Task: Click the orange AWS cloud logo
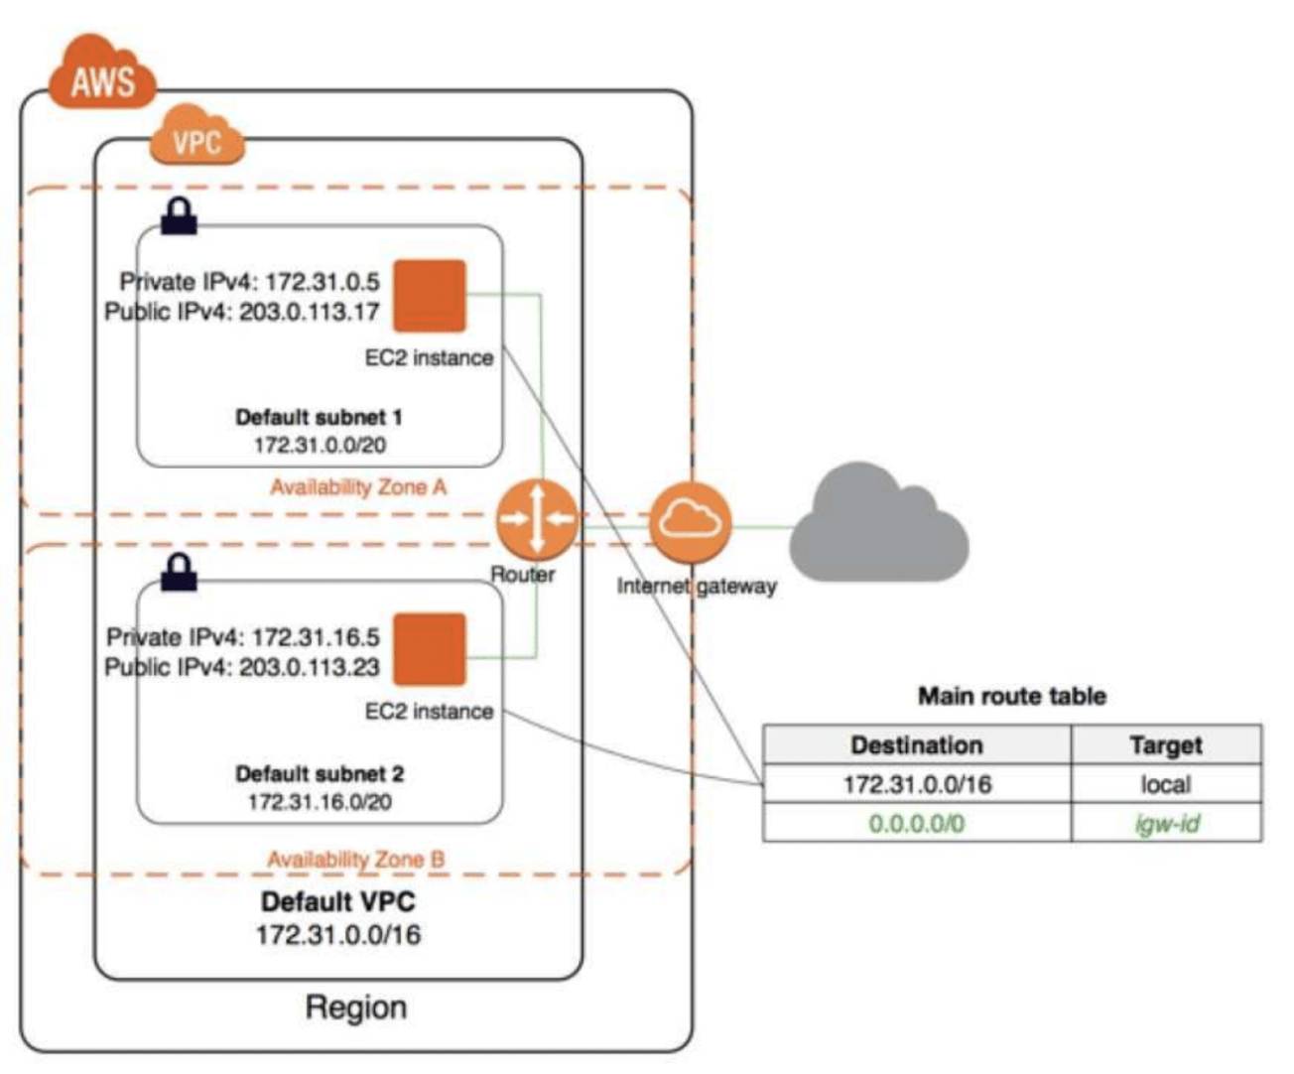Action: (x=102, y=71)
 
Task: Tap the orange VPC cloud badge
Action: (x=197, y=135)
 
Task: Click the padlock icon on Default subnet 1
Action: (x=179, y=216)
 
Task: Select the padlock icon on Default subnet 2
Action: (x=179, y=572)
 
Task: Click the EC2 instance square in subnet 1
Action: (x=430, y=296)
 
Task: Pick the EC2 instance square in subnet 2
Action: (x=430, y=649)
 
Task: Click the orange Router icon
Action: (x=537, y=520)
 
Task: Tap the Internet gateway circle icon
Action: (x=691, y=523)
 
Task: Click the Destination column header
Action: (x=917, y=744)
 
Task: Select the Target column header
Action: (x=1166, y=744)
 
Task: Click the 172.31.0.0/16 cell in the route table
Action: (x=917, y=784)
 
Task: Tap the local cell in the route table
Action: (x=1166, y=784)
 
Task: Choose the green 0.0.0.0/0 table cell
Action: (x=917, y=823)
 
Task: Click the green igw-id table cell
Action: (x=1166, y=823)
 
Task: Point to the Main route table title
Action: (x=1012, y=696)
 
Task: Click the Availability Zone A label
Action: (x=358, y=487)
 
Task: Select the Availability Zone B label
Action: (x=355, y=860)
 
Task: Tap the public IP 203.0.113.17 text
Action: (x=310, y=312)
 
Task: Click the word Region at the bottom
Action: (x=355, y=1007)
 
